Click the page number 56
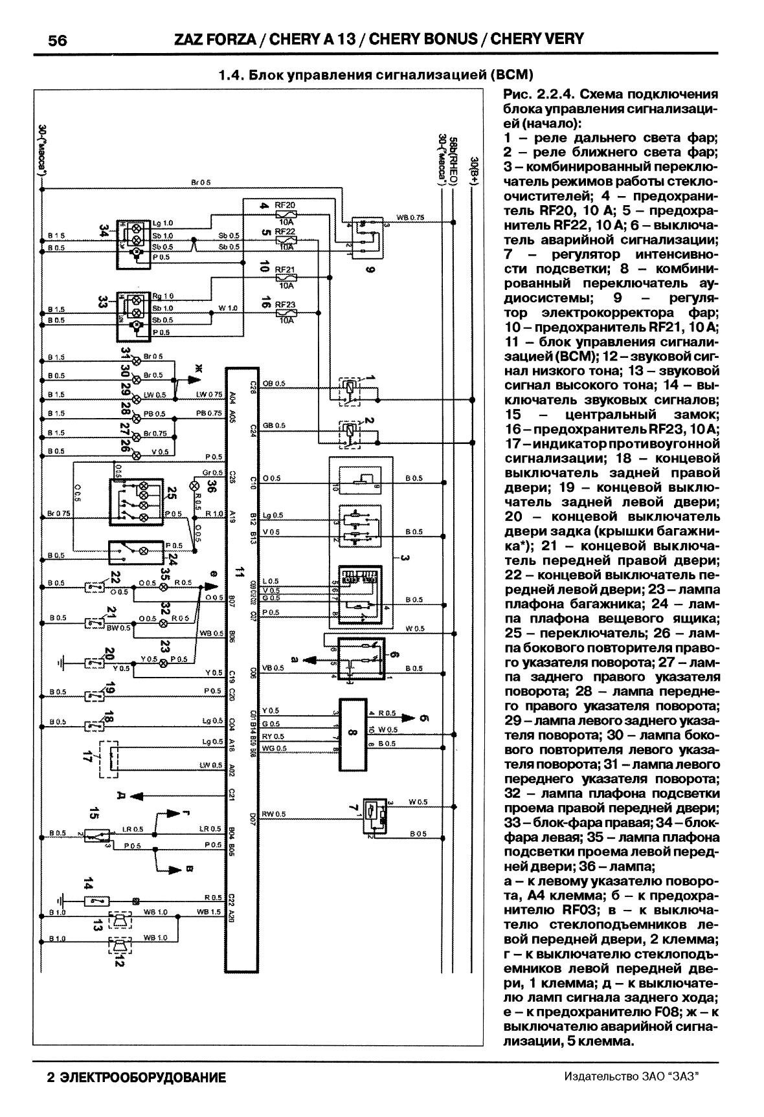coord(57,40)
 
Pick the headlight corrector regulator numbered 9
coord(365,237)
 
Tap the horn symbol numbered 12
coord(119,947)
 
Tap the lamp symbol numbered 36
coord(194,486)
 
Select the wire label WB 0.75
coord(410,217)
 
